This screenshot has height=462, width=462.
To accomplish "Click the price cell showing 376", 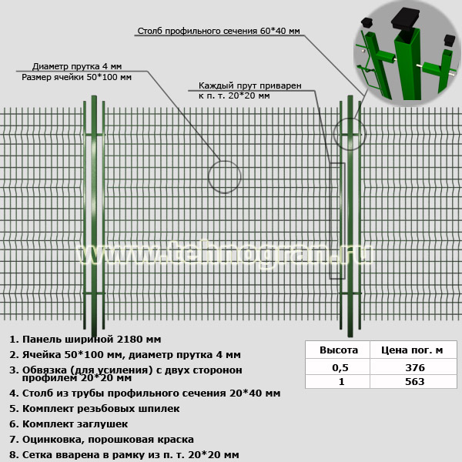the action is [415, 367].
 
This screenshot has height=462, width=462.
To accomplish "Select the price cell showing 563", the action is [415, 382].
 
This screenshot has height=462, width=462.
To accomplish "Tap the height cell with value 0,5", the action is [340, 367].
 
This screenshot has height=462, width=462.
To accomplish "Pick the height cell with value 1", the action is [341, 382].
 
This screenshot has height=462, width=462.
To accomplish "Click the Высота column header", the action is [339, 350].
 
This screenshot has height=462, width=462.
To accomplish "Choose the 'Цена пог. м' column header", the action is [412, 350].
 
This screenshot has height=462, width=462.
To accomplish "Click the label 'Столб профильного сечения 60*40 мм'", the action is [219, 31].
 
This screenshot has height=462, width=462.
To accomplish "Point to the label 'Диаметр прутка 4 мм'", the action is [77, 66].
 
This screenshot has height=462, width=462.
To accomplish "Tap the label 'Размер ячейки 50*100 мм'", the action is [76, 77].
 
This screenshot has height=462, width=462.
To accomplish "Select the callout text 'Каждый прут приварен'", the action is [249, 85].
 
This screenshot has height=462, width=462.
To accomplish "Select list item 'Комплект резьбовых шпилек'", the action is [94, 409].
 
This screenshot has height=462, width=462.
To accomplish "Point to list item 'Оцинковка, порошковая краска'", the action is [102, 440].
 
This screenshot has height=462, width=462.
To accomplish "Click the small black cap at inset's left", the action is [367, 22].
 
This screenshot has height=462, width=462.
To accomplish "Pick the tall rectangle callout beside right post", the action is [330, 221].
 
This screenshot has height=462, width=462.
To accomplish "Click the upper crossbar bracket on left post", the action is [94, 135].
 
